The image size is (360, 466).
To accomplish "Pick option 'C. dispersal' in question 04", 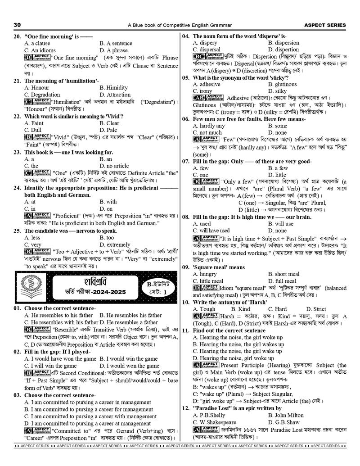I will tap(207, 50).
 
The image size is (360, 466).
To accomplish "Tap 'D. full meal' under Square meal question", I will tap(285, 281).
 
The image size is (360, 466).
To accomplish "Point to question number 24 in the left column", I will tap(17, 188).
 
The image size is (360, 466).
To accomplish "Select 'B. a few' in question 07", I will tap(278, 168).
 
